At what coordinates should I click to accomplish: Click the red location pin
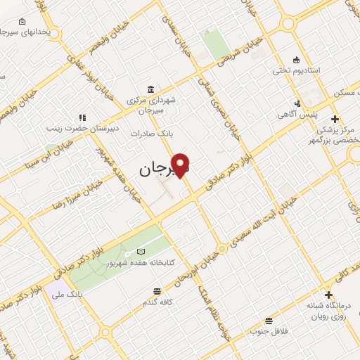(x=181, y=165)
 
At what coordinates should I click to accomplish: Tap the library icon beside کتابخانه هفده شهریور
(x=141, y=251)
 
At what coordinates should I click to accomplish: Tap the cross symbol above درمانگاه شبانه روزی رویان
(x=328, y=295)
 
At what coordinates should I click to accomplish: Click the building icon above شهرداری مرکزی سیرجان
(x=150, y=89)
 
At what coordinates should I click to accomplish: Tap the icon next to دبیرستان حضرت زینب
(x=82, y=117)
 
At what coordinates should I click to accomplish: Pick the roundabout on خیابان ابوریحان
(x=221, y=247)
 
